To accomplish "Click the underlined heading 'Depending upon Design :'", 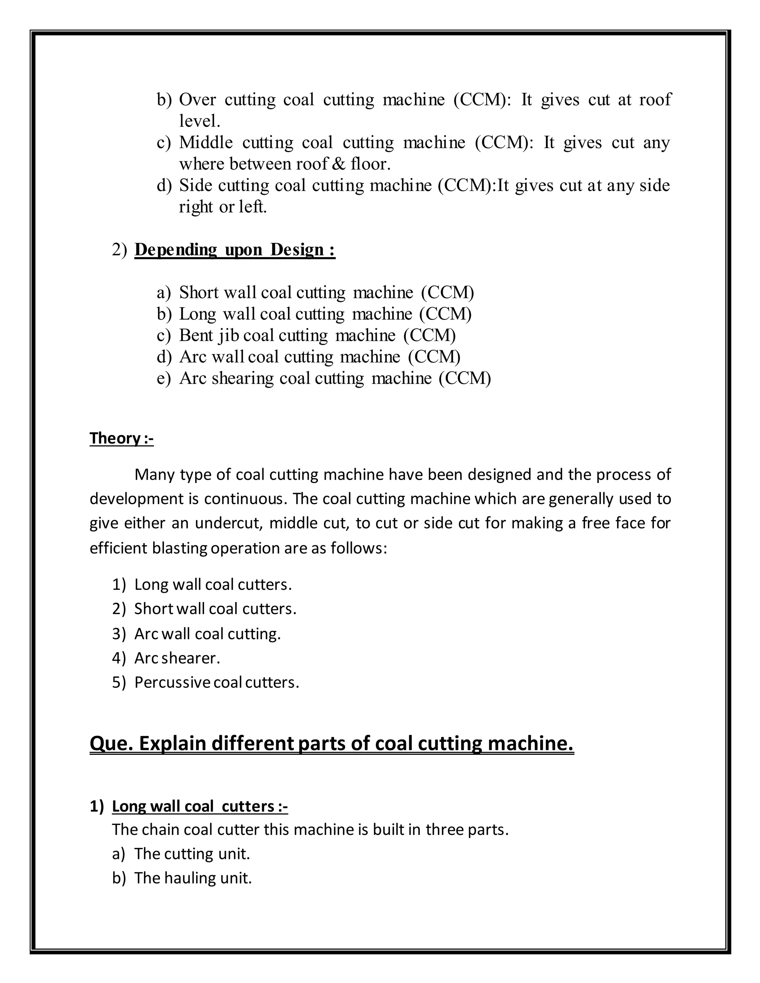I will (x=235, y=249).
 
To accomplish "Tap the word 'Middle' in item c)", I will (x=206, y=143).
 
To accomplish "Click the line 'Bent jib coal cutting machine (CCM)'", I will (x=317, y=335).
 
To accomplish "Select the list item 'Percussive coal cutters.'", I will (x=217, y=682).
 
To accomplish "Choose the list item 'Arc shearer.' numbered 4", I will (x=177, y=658).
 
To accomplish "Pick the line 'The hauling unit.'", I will (x=193, y=878).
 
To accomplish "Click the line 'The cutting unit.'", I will (x=192, y=854).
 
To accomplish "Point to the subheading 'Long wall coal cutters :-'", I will (x=199, y=806).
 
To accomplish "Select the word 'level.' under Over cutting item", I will (x=199, y=121).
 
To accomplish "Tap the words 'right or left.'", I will (x=223, y=207).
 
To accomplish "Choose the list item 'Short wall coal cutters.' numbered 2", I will (x=215, y=609).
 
